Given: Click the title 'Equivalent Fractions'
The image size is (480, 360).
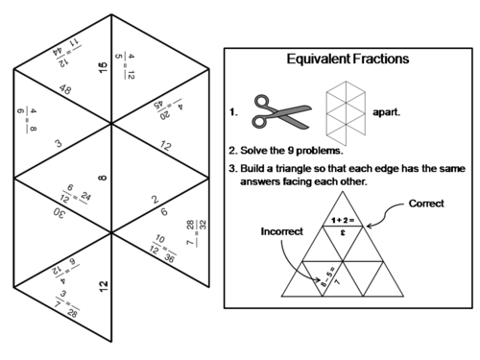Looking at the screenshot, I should [x=348, y=59].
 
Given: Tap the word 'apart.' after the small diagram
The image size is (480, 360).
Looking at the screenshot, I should [x=390, y=111].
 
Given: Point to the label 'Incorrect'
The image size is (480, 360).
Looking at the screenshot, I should [x=280, y=231].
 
